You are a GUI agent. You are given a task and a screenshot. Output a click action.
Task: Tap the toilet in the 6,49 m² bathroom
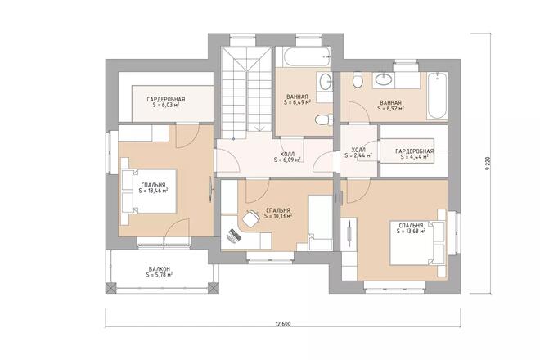[324, 119]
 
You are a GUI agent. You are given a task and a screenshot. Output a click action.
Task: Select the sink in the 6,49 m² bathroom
[325, 81]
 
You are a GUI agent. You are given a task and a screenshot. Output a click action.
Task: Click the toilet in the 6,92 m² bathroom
[357, 80]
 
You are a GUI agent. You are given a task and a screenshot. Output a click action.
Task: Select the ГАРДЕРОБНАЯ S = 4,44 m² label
[414, 155]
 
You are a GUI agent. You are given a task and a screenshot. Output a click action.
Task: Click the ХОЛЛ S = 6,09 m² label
[287, 156]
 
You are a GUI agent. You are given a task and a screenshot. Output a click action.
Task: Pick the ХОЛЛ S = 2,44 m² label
[358, 152]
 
